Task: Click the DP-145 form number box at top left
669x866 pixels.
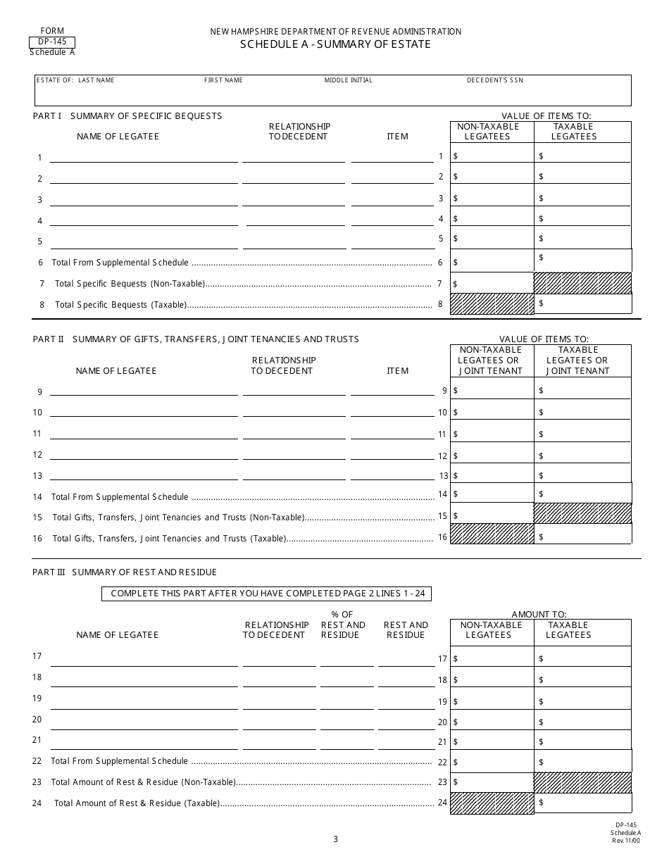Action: [52, 42]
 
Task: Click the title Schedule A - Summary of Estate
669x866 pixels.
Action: [335, 44]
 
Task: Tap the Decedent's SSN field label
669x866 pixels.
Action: [494, 80]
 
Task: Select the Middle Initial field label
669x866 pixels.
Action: [348, 80]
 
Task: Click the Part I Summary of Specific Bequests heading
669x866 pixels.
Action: [127, 115]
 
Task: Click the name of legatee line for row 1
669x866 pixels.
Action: [144, 158]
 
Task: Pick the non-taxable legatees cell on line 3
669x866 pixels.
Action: [492, 199]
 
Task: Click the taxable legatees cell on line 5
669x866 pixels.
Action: [582, 239]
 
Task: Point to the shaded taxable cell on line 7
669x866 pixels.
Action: [582, 283]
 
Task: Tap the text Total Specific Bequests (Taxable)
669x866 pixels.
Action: [121, 305]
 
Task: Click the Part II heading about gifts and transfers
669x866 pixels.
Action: [196, 339]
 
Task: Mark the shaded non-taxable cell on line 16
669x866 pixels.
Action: [492, 534]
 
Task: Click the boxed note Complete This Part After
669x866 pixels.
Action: [267, 594]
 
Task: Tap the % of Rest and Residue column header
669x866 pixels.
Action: [343, 625]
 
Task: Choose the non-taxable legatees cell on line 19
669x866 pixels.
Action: [492, 701]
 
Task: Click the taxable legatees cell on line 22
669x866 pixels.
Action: [582, 761]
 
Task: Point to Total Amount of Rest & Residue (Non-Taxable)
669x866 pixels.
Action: [143, 782]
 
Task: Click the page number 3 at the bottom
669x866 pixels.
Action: [335, 839]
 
